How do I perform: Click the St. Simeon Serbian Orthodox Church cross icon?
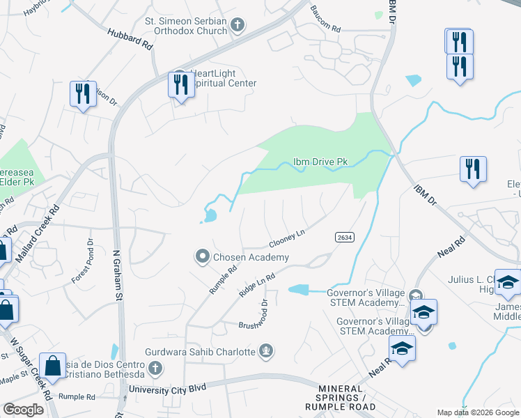click(238, 26)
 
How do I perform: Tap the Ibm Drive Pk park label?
click(320, 162)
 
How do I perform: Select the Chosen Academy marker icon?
click(203, 257)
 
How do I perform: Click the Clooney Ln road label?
click(288, 240)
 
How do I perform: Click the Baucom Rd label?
click(325, 29)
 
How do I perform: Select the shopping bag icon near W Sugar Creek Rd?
click(53, 365)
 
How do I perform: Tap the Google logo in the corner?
click(23, 410)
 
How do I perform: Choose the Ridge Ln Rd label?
click(257, 284)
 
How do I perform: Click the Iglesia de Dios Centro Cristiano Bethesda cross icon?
click(155, 367)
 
